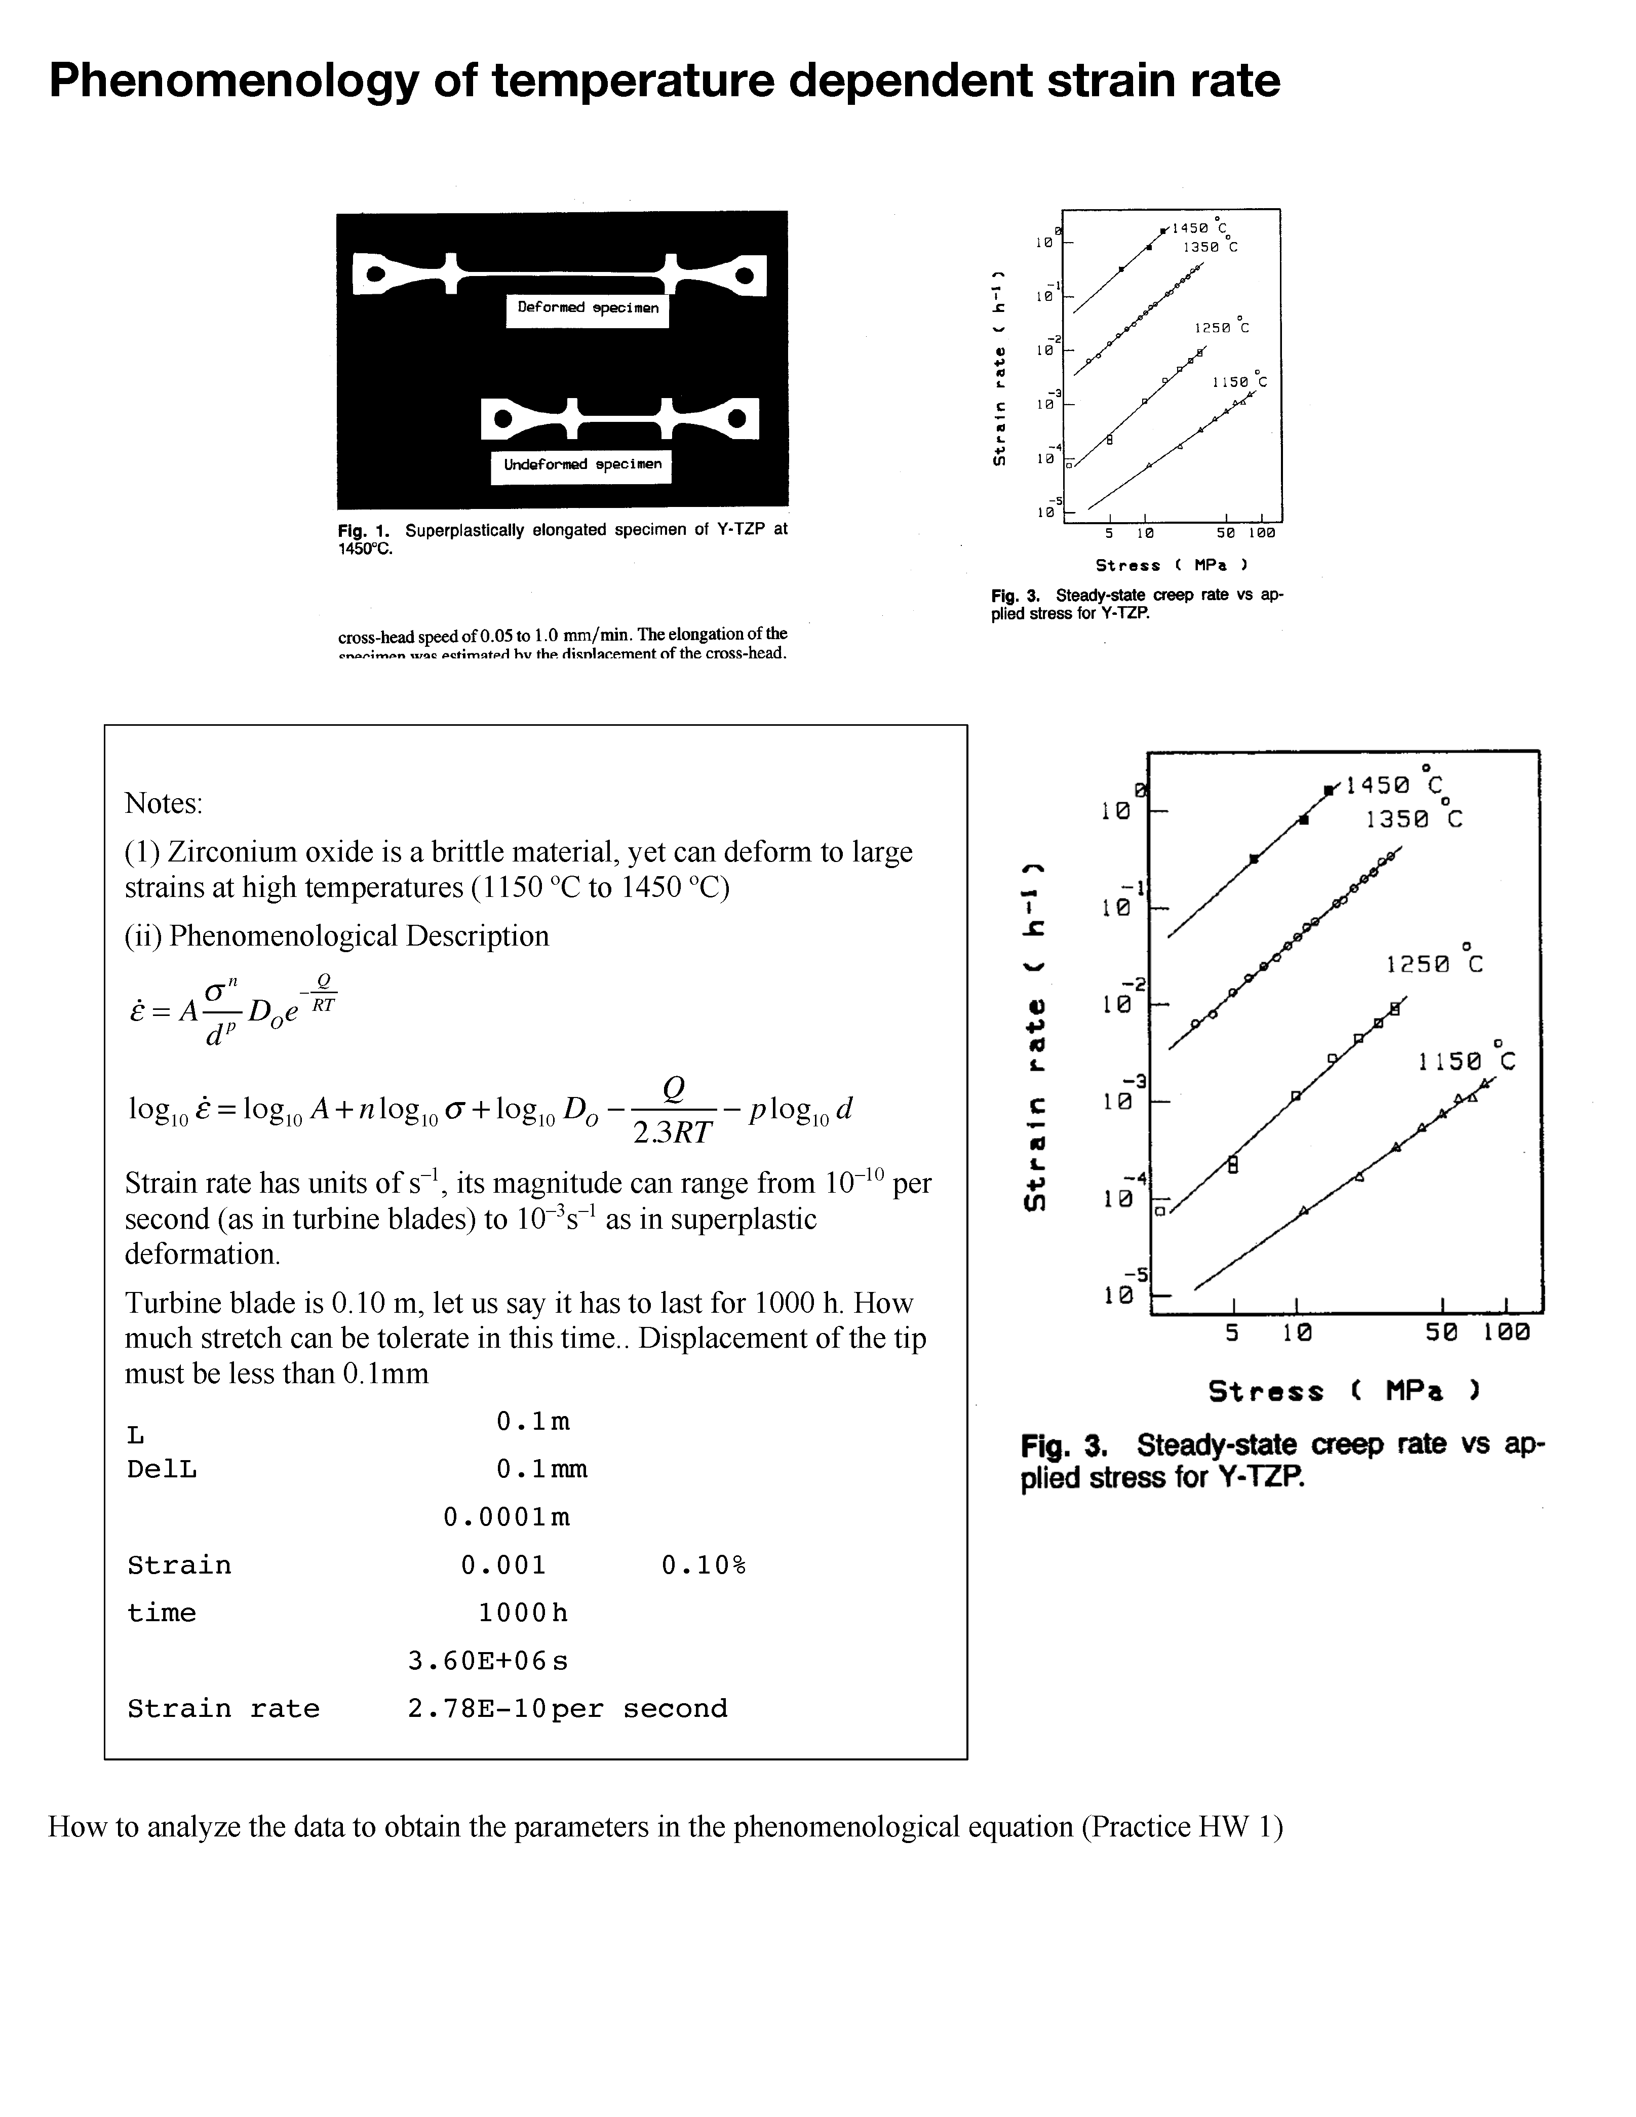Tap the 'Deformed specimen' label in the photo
(588, 308)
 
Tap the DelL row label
(162, 1470)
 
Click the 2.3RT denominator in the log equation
(673, 1132)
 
